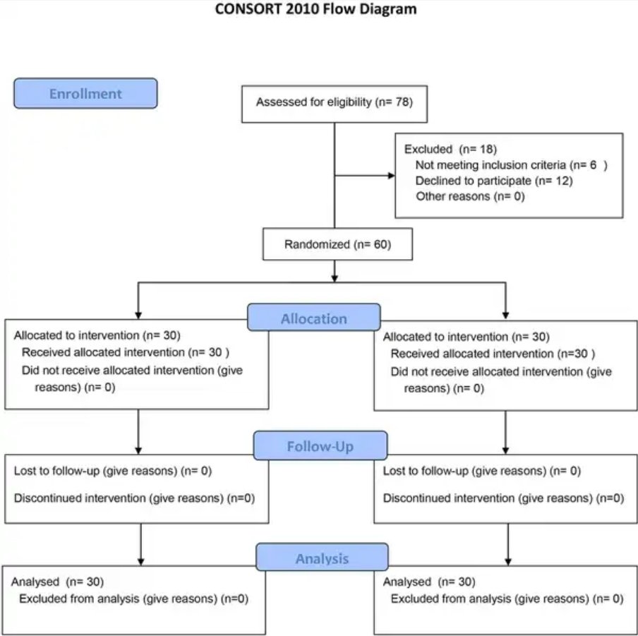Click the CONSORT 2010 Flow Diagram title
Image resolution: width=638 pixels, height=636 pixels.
point(315,9)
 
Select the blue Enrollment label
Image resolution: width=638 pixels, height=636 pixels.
point(85,94)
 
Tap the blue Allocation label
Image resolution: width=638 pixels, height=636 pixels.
point(314,318)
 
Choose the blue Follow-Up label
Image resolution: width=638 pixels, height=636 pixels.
point(320,446)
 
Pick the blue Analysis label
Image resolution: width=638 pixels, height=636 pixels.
point(322,558)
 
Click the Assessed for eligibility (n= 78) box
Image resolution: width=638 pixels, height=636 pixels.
point(335,104)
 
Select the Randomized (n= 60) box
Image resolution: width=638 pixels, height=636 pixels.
point(338,244)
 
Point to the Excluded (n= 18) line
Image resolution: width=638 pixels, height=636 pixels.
point(450,150)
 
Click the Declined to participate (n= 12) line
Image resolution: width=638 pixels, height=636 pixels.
point(494,181)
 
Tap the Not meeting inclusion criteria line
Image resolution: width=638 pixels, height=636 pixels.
point(512,164)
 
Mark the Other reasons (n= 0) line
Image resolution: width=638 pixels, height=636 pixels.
point(470,196)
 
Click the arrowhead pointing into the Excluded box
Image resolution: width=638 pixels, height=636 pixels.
point(392,176)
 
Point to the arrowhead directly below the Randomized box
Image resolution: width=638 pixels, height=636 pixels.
point(335,278)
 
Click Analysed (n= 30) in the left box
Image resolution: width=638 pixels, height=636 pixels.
point(57,582)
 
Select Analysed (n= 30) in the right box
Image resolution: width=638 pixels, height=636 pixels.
point(429,582)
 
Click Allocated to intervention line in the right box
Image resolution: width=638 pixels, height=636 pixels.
point(467,337)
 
